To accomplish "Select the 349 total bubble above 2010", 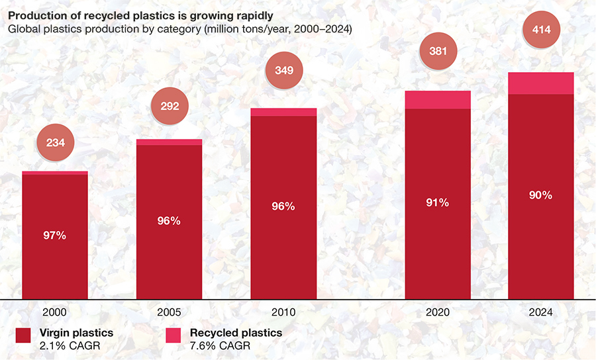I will pos(283,69).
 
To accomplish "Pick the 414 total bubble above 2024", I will pos(540,29).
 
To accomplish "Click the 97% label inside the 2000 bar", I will pos(55,236).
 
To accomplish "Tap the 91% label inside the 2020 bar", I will pos(438,202).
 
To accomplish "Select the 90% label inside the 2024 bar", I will pos(540,195).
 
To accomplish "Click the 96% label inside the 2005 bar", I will pos(170,220).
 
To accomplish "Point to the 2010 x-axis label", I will pos(283,312).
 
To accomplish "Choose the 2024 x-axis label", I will pos(540,312).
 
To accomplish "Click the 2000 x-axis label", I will pos(55,312).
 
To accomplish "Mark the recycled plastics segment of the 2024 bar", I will pos(540,83).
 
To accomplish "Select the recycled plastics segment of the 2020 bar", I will pos(438,100).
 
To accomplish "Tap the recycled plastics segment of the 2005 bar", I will pos(170,142).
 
